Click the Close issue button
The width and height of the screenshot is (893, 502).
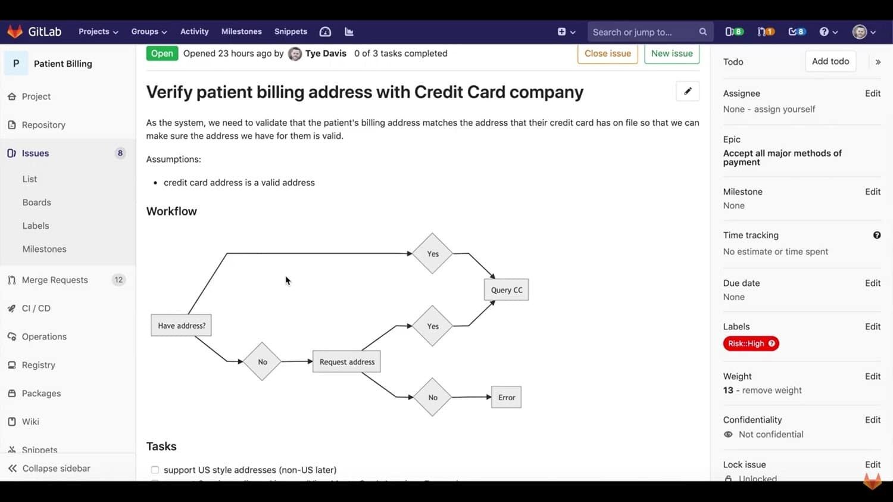pyautogui.click(x=607, y=54)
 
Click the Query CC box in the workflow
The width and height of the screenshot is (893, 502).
pyautogui.click(x=506, y=290)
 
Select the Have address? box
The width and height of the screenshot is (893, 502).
pyautogui.click(x=181, y=326)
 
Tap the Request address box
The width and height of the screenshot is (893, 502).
pyautogui.click(x=346, y=362)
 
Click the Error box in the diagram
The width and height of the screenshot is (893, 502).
pyautogui.click(x=506, y=398)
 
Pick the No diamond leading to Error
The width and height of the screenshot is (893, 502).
pyautogui.click(x=433, y=398)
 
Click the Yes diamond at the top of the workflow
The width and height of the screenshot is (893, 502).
pyautogui.click(x=433, y=254)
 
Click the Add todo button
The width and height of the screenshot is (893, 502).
pyautogui.click(x=830, y=61)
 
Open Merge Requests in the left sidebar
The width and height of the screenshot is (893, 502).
pyautogui.click(x=55, y=280)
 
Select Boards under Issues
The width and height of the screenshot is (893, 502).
pyautogui.click(x=37, y=202)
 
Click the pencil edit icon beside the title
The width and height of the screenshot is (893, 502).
pyautogui.click(x=688, y=92)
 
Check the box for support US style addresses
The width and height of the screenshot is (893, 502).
pyautogui.click(x=155, y=470)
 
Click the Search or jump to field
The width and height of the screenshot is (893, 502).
pyautogui.click(x=643, y=32)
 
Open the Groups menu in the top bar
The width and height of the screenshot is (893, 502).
pyautogui.click(x=149, y=32)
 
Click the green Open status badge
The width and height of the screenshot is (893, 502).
pyautogui.click(x=161, y=54)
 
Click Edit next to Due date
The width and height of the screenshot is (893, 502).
pyautogui.click(x=872, y=283)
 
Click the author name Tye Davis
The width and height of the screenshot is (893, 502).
pyautogui.click(x=325, y=54)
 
